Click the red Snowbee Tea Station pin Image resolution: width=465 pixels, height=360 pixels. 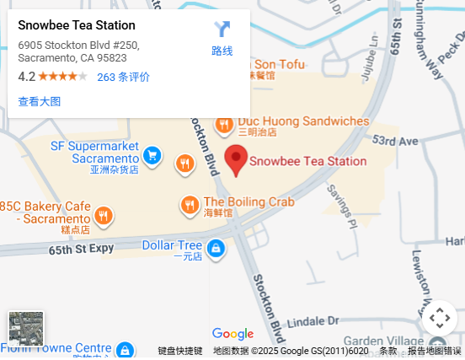tap(237, 159)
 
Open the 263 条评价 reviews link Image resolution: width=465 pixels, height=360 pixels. tap(123, 77)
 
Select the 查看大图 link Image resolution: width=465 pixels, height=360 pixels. tap(40, 101)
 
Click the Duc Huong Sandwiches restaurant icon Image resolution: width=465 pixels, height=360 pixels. tap(224, 126)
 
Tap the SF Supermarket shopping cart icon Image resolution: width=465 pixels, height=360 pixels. tap(152, 155)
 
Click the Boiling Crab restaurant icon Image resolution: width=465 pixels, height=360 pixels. tap(190, 205)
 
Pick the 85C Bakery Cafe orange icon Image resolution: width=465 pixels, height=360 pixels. tap(103, 216)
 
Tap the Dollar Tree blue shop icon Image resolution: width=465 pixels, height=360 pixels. tap(216, 248)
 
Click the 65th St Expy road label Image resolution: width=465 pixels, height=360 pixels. tap(81, 250)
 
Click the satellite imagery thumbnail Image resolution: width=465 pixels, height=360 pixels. tap(25, 328)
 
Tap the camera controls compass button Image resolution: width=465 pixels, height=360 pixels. tap(439, 318)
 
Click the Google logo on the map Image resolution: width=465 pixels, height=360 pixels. tap(232, 334)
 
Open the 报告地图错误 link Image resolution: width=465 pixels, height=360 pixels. tap(435, 352)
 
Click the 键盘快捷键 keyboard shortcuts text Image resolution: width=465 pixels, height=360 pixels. tap(180, 352)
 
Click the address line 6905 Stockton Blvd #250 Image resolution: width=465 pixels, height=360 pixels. tap(78, 45)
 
